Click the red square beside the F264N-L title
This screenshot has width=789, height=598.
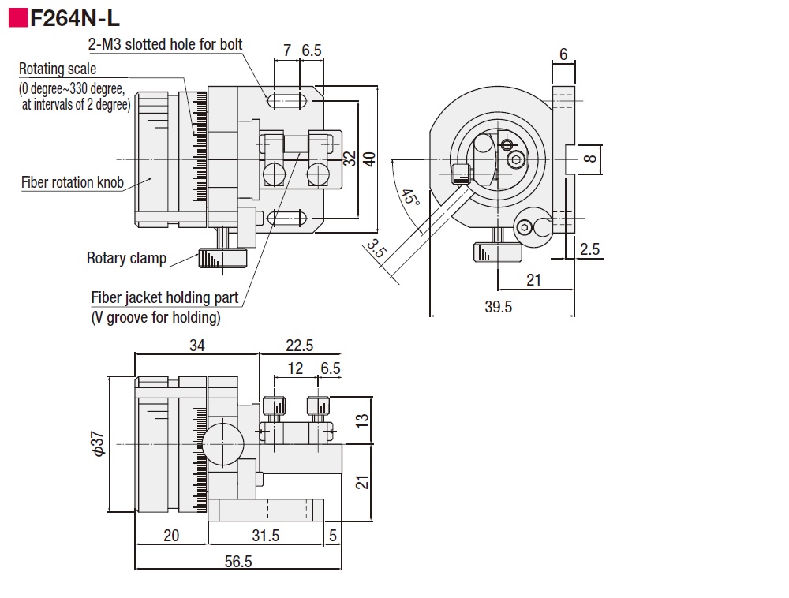pos(18,17)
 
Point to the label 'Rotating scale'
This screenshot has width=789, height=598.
pos(58,69)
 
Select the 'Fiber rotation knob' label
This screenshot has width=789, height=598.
pos(73,183)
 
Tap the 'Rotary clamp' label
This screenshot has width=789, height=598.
pos(126,257)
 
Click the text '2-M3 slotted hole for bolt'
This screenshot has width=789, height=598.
pos(165,44)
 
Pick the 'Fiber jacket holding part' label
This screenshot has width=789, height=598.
pos(165,298)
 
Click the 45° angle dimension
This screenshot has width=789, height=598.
pos(409,196)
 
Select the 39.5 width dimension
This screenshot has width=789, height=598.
pos(497,307)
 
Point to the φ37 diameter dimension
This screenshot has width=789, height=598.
pos(99,444)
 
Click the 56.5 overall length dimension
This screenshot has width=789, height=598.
pos(237,561)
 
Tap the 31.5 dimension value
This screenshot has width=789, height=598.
pos(266,535)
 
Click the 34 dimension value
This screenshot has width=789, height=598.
pos(196,345)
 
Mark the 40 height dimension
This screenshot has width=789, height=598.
pos(388,159)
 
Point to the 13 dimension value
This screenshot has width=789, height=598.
pos(362,420)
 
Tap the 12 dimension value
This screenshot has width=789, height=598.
pos(295,368)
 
